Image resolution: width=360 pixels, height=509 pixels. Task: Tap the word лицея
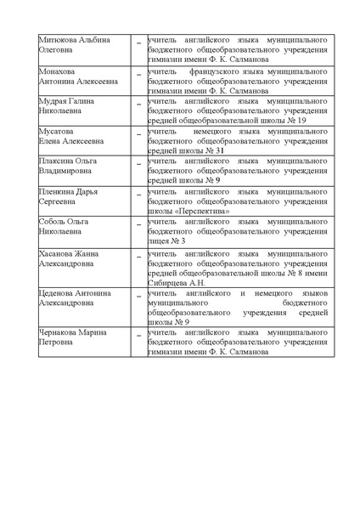coord(159,241)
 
